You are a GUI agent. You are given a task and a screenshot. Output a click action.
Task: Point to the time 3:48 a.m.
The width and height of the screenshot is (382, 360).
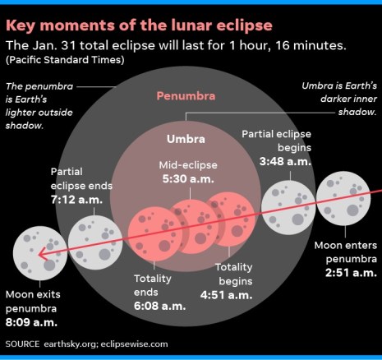click(286, 162)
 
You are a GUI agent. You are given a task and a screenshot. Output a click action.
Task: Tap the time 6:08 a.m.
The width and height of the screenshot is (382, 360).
click(159, 306)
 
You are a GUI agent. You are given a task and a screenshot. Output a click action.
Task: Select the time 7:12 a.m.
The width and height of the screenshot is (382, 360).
click(81, 199)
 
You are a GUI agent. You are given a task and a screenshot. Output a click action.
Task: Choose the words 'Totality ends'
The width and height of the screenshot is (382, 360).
click(154, 285)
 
